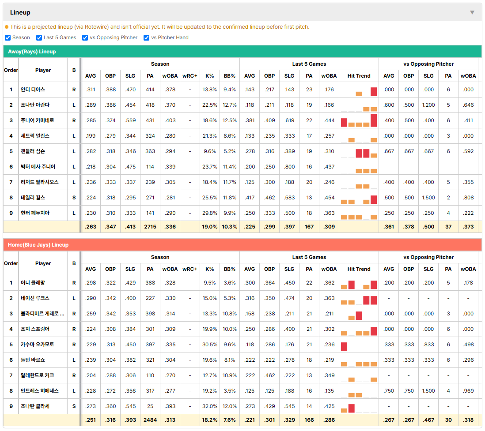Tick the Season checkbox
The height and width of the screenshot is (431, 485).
click(x=8, y=37)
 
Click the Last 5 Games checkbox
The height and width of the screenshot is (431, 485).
click(x=39, y=37)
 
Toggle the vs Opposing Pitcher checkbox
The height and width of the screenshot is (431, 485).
click(x=85, y=37)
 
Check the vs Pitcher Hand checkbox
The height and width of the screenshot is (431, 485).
click(x=146, y=37)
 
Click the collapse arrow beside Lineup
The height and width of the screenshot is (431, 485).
click(x=472, y=12)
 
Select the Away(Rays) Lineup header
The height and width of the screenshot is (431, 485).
click(x=32, y=52)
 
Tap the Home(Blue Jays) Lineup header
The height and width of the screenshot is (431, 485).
click(x=38, y=245)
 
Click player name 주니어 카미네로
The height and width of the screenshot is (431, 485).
click(x=37, y=120)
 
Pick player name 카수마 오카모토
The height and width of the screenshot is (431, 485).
click(x=37, y=344)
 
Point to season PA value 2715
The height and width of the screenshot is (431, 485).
click(x=150, y=226)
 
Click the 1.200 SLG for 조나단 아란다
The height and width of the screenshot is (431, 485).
click(x=428, y=105)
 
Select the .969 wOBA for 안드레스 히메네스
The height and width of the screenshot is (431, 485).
click(x=468, y=390)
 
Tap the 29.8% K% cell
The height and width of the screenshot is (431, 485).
click(x=210, y=213)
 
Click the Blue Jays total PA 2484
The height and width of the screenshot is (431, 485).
click(x=150, y=420)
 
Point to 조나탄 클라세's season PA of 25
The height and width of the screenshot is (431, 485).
click(x=150, y=406)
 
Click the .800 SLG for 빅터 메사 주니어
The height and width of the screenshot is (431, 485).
click(x=289, y=166)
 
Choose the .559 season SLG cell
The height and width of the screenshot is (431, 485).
click(x=130, y=120)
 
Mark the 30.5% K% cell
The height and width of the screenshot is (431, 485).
click(x=210, y=344)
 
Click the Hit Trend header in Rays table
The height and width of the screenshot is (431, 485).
click(x=359, y=76)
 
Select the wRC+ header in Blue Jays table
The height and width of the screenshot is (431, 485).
click(x=189, y=269)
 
